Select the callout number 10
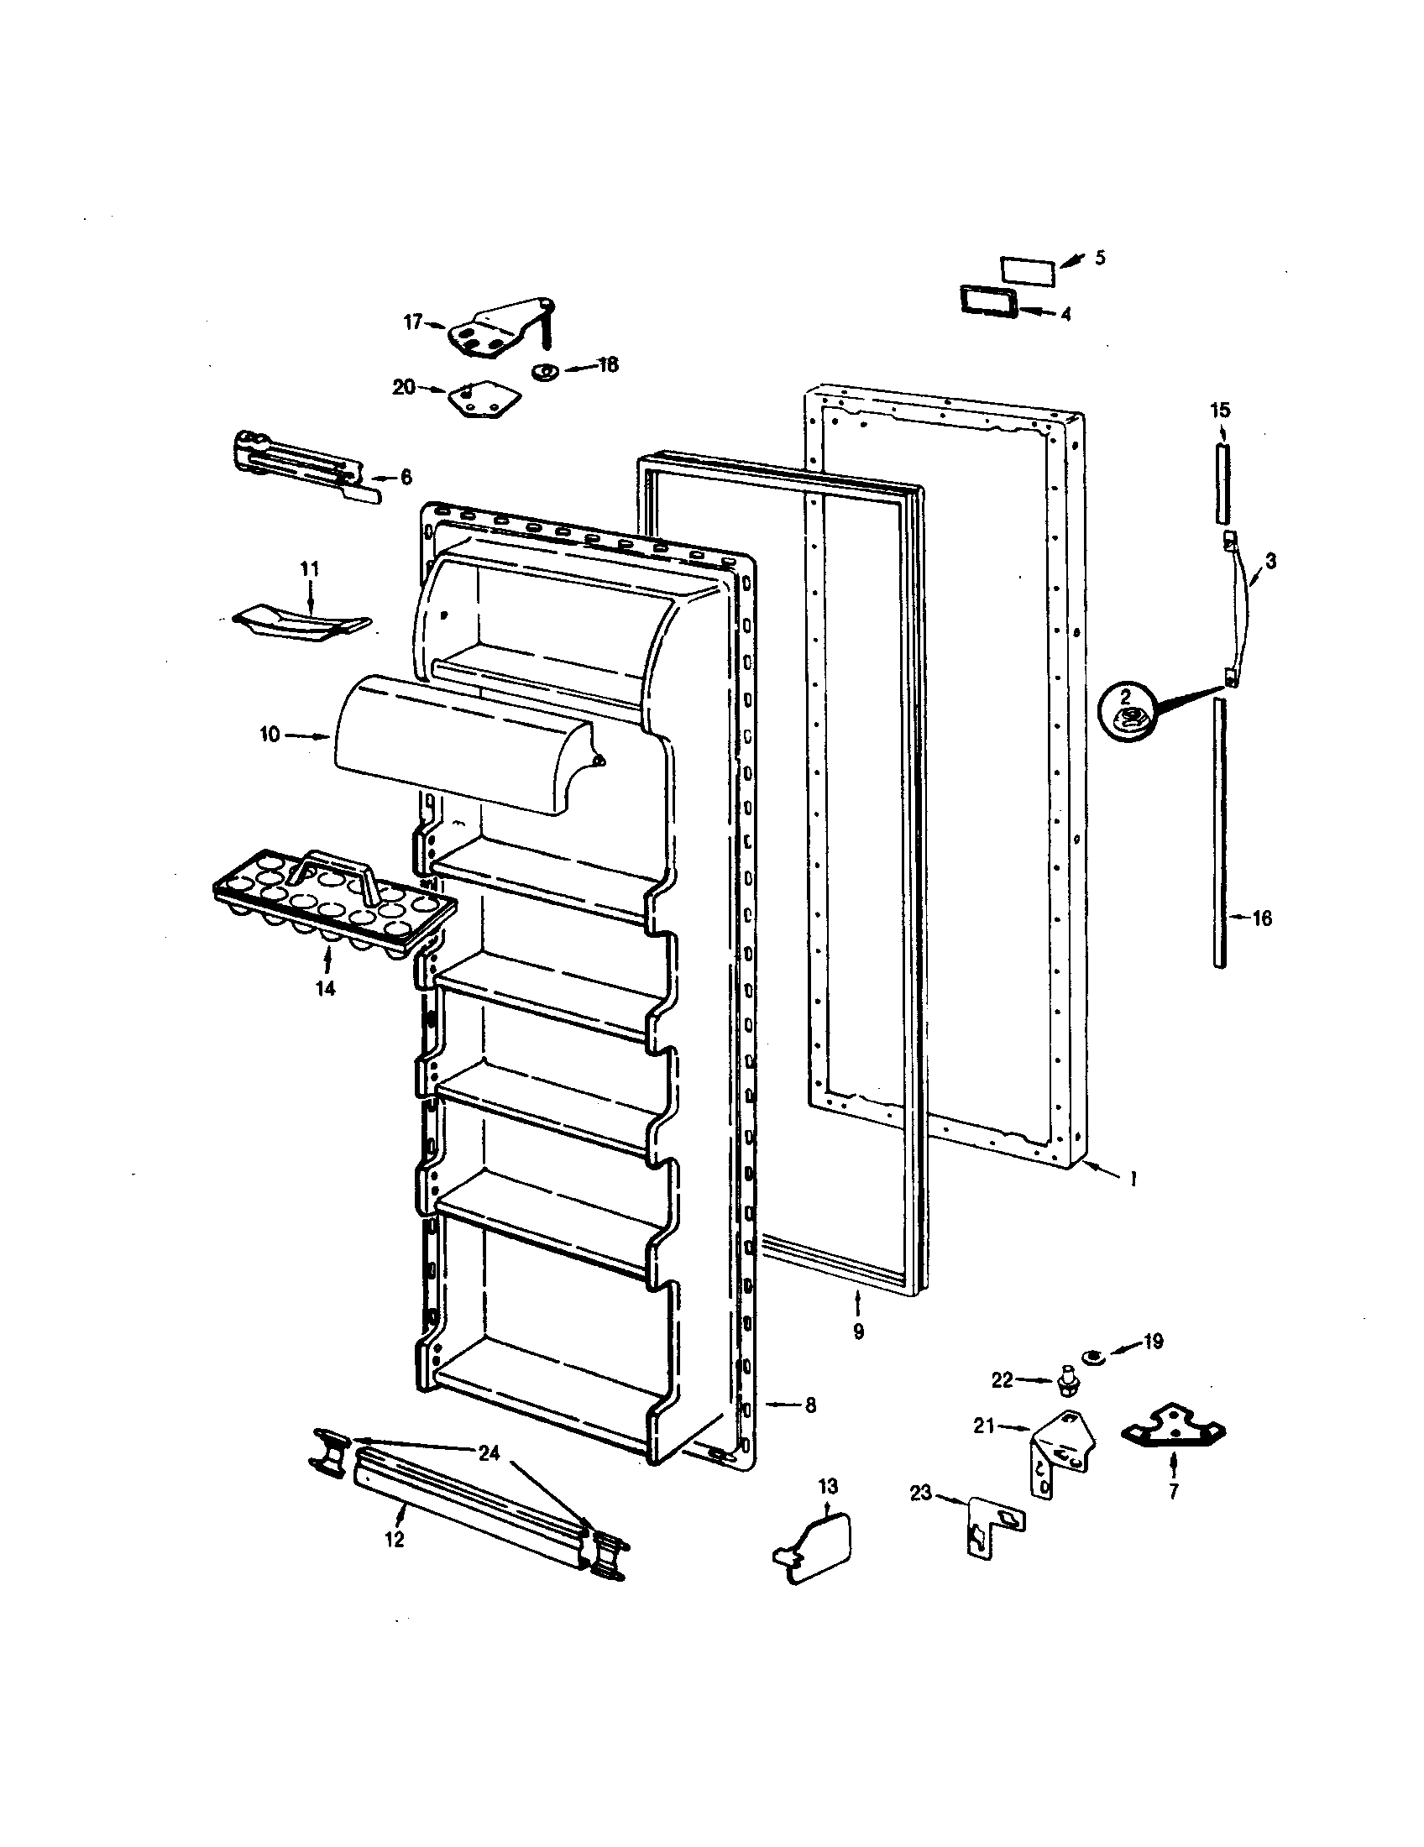pos(270,735)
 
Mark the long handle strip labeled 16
pos(1219,833)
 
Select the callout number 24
pos(489,1453)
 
